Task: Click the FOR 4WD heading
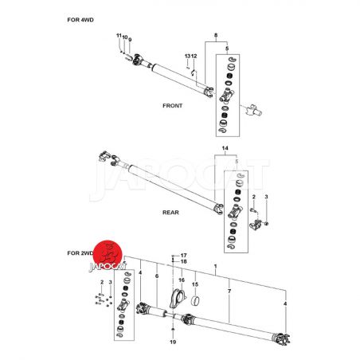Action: pyautogui.click(x=80, y=20)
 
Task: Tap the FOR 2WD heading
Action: pyautogui.click(x=80, y=253)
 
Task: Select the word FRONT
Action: pyautogui.click(x=173, y=106)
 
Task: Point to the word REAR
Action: pyautogui.click(x=170, y=213)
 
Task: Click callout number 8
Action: pyautogui.click(x=216, y=35)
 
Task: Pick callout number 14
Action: pyautogui.click(x=225, y=148)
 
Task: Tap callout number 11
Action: pyautogui.click(x=119, y=36)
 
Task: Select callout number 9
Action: pyautogui.click(x=130, y=40)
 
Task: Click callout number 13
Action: pyautogui.click(x=187, y=56)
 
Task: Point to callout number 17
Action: pyautogui.click(x=184, y=256)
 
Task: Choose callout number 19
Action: pyautogui.click(x=173, y=342)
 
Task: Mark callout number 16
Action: pyautogui.click(x=182, y=280)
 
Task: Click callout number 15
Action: pyautogui.click(x=195, y=284)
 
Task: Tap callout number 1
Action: pyautogui.click(x=216, y=266)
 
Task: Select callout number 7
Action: pyautogui.click(x=229, y=292)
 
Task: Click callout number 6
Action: pyautogui.click(x=157, y=276)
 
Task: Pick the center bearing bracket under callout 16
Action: pyautogui.click(x=178, y=299)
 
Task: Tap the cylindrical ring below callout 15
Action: pyautogui.click(x=195, y=301)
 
